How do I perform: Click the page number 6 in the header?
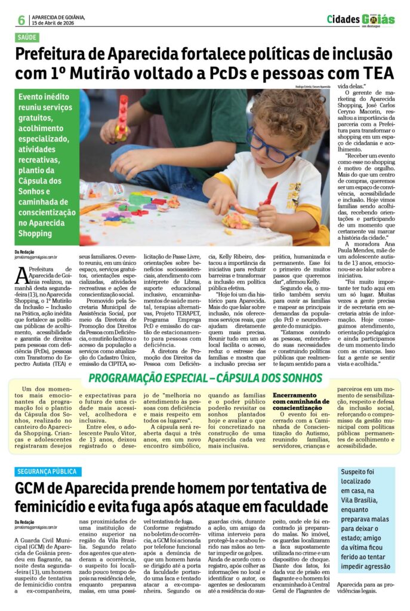(21, 20)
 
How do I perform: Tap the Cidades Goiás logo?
(360, 20)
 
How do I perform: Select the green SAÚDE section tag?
(27, 37)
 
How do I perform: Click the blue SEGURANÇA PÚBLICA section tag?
(48, 471)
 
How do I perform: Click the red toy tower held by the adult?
(122, 116)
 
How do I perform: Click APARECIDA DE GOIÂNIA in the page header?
(58, 17)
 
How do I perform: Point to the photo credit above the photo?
(312, 87)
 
